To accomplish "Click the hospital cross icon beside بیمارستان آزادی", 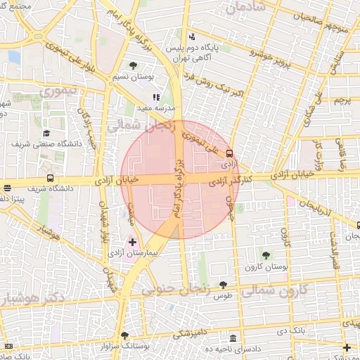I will (133, 242).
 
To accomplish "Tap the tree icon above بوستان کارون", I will (266, 254).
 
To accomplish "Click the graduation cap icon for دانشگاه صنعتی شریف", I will (47, 132).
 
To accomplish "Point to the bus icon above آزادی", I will (229, 153).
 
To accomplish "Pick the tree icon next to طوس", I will (224, 285).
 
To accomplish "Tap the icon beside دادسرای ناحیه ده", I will (233, 337).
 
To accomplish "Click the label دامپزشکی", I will (189, 331).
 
